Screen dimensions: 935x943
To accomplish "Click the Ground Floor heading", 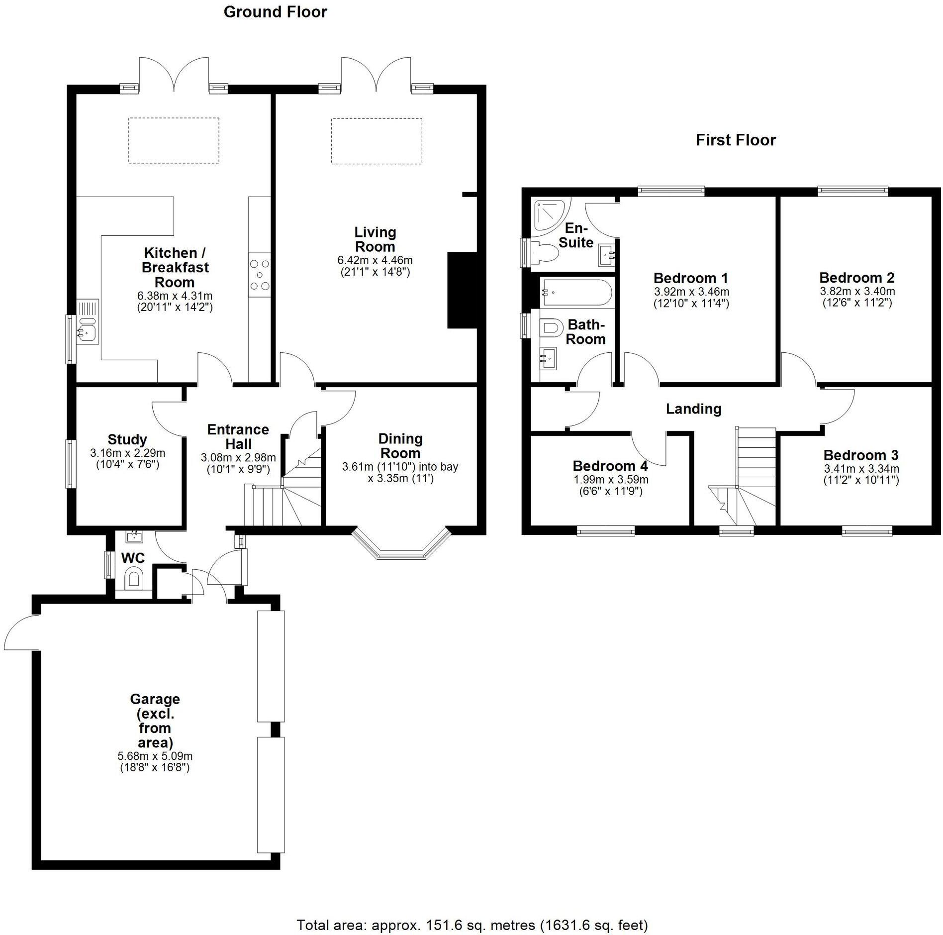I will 275,12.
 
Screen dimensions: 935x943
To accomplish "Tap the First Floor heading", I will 735,140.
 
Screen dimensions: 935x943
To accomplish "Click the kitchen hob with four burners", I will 260,275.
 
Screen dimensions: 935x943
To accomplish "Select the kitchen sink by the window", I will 88,329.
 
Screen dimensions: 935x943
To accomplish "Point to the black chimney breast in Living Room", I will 462,290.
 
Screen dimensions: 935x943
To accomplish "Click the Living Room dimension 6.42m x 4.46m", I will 375,260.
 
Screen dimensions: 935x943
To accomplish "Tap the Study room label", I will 127,439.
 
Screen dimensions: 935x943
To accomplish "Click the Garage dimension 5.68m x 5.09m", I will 155,756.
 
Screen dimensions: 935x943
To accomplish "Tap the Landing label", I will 693,409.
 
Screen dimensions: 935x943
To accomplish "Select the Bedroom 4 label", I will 610,466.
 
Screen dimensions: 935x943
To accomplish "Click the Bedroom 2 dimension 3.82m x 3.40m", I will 857,291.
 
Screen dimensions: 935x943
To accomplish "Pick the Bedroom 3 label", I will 861,455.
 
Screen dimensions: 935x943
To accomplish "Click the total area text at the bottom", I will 472,925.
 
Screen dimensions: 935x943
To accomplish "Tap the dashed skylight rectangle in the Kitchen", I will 174,140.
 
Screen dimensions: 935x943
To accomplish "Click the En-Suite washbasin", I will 607,255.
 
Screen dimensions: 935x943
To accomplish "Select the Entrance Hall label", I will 238,436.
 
